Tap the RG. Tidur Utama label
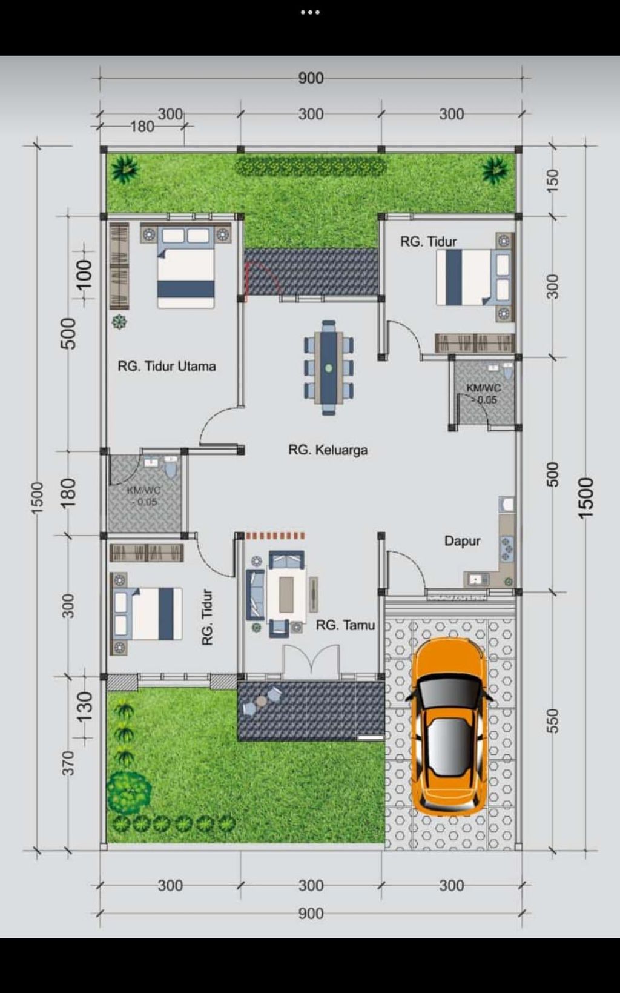(167, 366)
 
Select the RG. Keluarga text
(328, 450)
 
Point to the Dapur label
(462, 541)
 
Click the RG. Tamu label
(345, 625)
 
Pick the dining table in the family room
(329, 368)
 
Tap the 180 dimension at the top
(142, 127)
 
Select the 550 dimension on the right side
(552, 721)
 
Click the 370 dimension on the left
(68, 763)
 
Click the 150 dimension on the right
(552, 181)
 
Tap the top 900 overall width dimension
(311, 78)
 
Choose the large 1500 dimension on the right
(585, 497)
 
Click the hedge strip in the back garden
(310, 167)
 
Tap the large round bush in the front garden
(129, 792)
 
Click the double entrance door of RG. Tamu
(312, 661)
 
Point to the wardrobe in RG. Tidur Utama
(119, 265)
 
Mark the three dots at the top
(310, 12)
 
